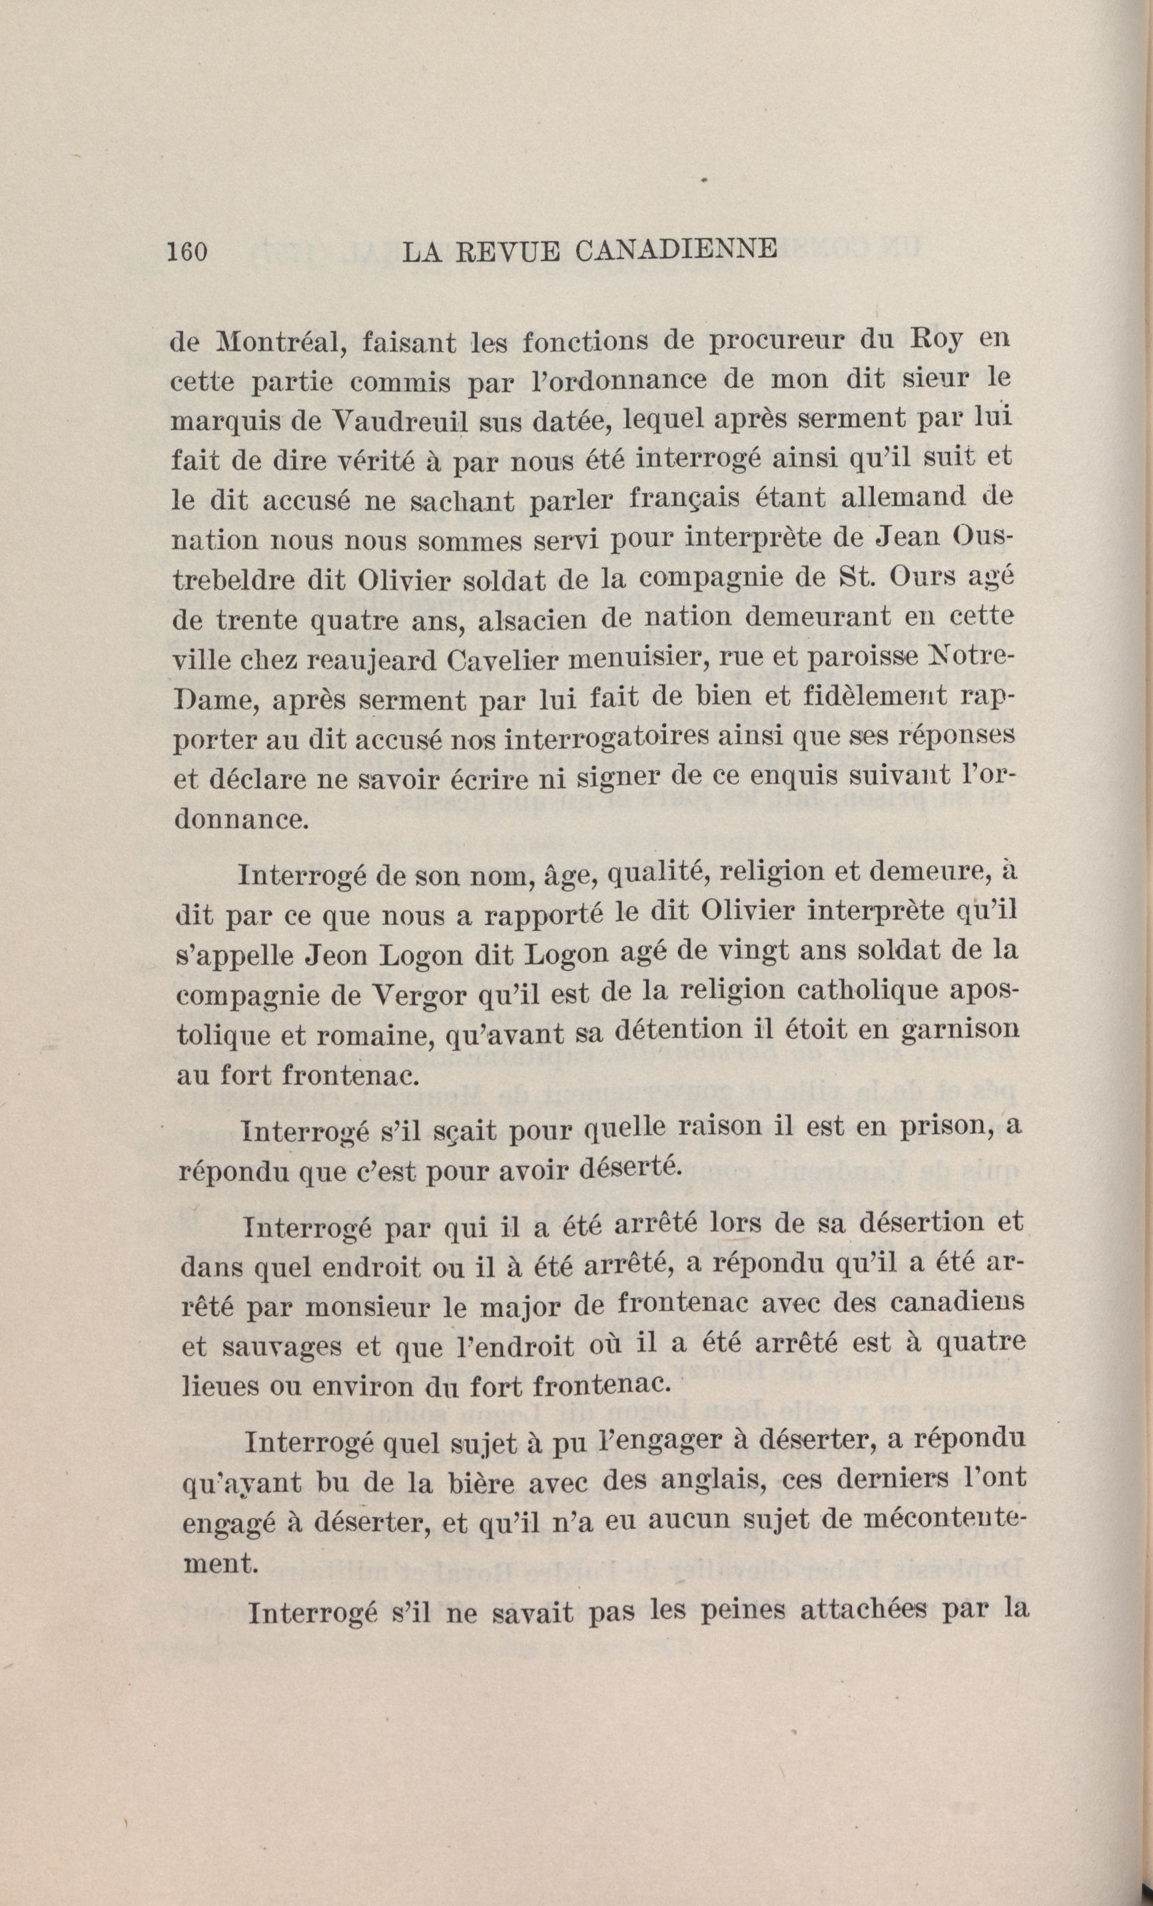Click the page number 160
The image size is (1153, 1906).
pyautogui.click(x=187, y=253)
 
